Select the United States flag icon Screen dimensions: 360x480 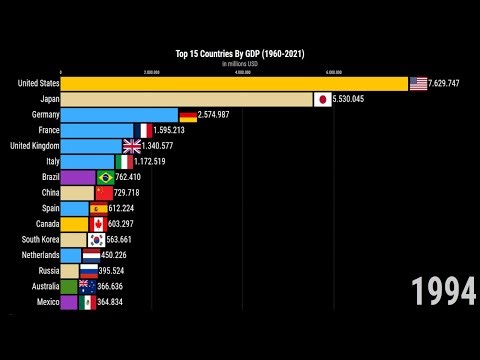click(418, 83)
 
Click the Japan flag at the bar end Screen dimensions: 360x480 click(322, 99)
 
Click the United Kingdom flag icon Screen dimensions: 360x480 click(132, 146)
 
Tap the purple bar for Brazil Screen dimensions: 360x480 click(78, 177)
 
